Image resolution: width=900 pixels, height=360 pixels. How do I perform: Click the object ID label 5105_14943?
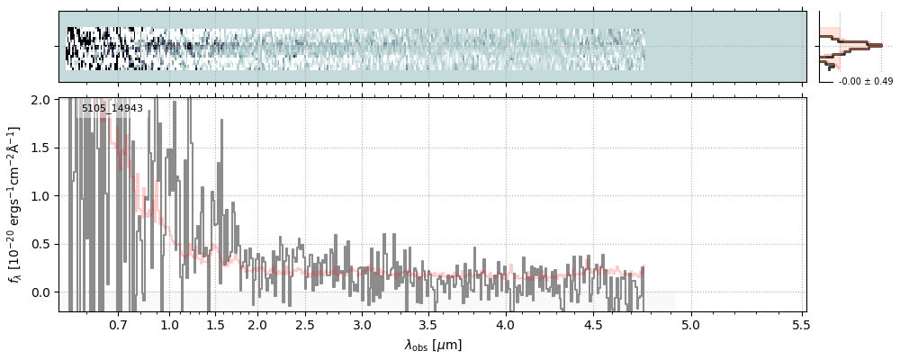coord(112,109)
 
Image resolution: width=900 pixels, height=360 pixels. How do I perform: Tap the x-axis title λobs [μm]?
coord(433,345)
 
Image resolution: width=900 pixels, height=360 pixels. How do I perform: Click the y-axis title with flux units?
coord(15,206)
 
